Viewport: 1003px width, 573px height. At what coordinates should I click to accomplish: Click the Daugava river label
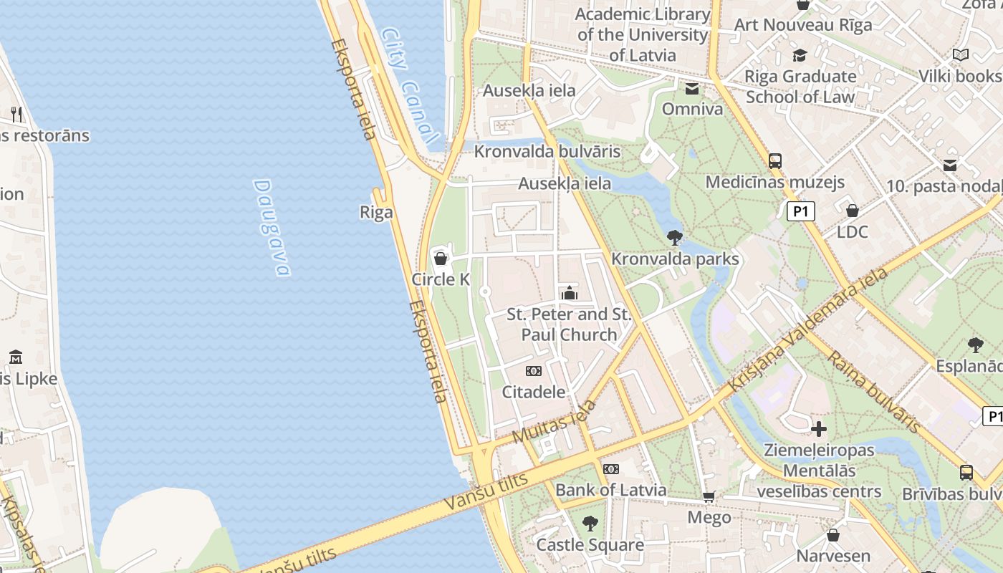(x=272, y=227)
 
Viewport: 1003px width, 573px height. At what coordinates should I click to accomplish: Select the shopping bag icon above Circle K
(x=441, y=258)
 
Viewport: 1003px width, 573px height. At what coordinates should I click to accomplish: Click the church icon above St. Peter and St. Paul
(x=570, y=293)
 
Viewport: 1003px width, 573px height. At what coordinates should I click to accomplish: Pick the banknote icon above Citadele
(x=534, y=370)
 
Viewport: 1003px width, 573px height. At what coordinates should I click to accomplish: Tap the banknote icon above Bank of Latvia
(x=611, y=469)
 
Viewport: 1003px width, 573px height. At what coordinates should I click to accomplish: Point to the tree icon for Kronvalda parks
(x=674, y=237)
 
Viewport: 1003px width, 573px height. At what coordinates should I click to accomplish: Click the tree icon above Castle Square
(x=590, y=524)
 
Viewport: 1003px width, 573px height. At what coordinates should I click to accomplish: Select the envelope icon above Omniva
(x=692, y=89)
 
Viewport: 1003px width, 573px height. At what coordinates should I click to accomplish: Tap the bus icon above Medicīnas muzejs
(x=775, y=161)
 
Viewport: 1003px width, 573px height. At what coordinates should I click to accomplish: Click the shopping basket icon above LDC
(x=853, y=211)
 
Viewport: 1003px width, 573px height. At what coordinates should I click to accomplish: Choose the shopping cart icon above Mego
(x=709, y=496)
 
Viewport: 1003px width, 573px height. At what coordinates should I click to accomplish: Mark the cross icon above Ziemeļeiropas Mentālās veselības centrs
(x=819, y=429)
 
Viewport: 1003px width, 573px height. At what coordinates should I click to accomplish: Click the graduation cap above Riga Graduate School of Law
(x=800, y=55)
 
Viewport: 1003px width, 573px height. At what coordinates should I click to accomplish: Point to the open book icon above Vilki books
(x=961, y=54)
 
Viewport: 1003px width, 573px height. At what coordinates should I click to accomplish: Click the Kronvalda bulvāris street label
(x=547, y=152)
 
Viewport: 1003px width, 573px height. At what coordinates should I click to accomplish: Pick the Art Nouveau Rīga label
(x=803, y=25)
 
